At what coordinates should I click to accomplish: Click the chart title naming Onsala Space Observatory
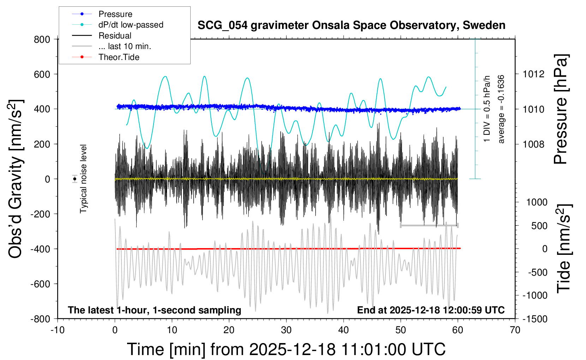351,25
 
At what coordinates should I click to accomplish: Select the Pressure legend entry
115,14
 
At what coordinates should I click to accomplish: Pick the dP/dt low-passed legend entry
131,25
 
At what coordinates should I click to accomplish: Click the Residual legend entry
115,36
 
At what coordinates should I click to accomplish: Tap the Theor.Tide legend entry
119,57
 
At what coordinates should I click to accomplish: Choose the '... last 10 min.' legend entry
125,46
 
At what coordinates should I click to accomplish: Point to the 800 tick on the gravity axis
42,40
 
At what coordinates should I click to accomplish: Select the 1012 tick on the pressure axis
533,74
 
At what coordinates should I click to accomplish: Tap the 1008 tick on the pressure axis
533,144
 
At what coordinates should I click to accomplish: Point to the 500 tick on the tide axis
539,226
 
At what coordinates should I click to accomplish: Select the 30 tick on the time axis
286,330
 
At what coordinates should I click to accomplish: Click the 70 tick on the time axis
515,330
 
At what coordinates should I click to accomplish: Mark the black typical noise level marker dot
75,179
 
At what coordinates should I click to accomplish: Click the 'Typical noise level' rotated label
83,179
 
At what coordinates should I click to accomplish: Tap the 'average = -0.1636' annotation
501,109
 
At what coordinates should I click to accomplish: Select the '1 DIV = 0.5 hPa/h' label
487,109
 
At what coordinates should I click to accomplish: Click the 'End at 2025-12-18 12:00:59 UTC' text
431,310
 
